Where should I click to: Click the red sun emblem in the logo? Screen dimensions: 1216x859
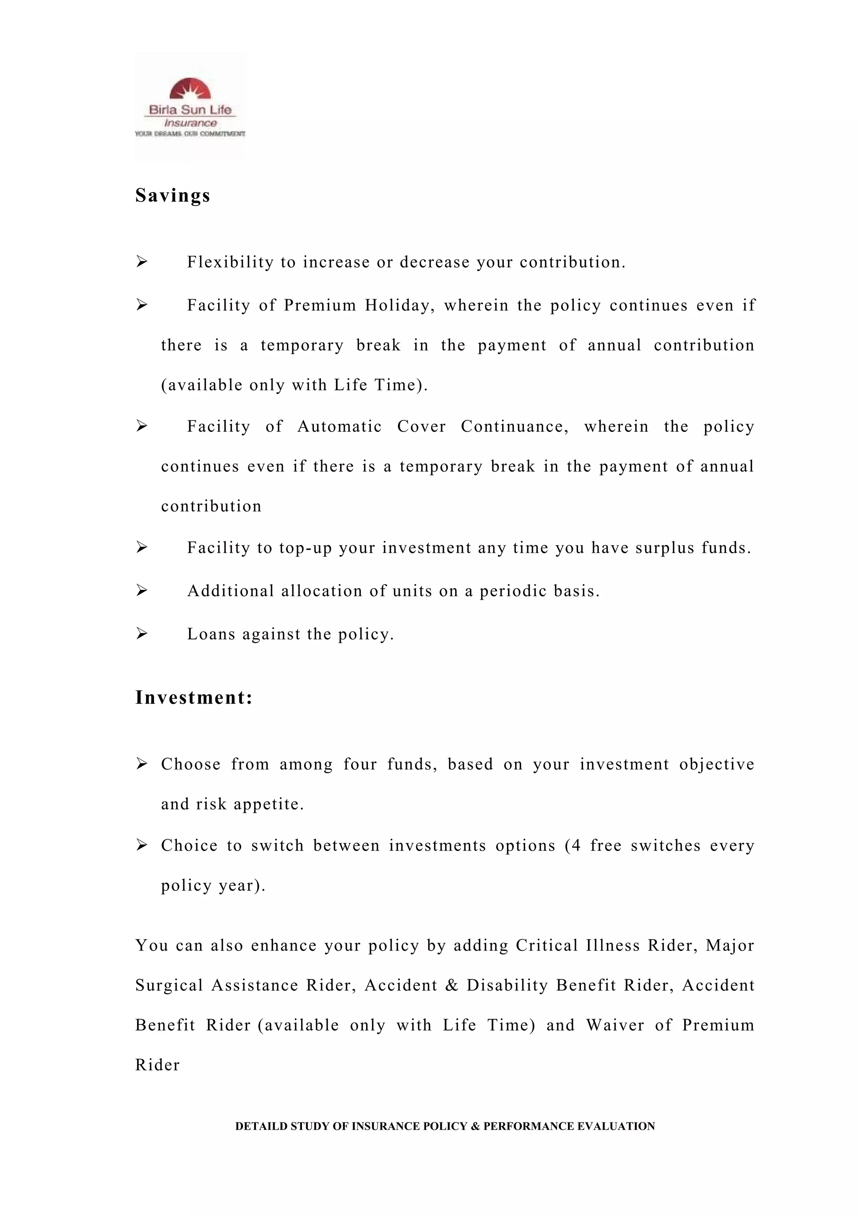[x=190, y=89]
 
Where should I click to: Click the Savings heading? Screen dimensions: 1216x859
[x=172, y=196]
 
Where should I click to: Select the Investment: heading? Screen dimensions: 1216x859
[x=194, y=697]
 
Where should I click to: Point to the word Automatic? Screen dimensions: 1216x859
[x=339, y=426]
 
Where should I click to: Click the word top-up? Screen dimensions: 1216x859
[x=305, y=548]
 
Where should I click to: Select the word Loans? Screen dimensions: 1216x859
[x=211, y=634]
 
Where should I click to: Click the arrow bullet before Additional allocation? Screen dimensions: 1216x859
[x=141, y=590]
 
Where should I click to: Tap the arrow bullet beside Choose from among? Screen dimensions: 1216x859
[x=141, y=764]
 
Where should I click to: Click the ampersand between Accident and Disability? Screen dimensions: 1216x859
[x=451, y=986]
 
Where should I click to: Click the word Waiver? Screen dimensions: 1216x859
[x=615, y=1026]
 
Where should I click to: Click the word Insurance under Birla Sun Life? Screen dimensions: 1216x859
[x=190, y=123]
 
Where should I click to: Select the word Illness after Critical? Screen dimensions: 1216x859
[x=612, y=945]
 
